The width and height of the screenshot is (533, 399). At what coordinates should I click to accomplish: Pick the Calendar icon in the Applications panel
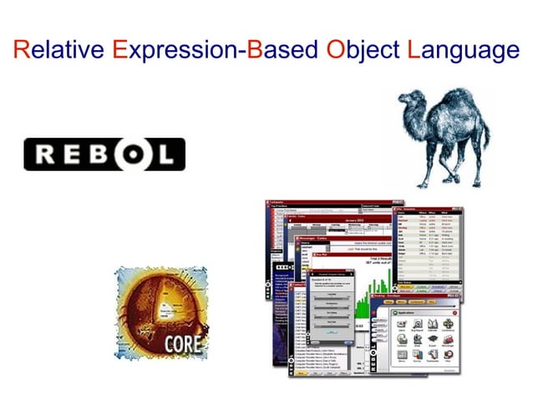(x=432, y=321)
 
